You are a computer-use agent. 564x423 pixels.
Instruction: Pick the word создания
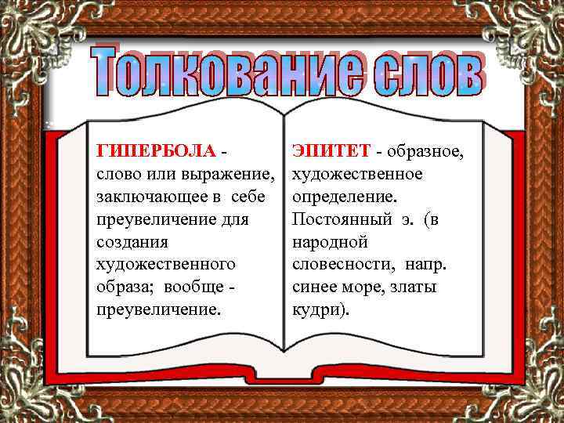click(x=126, y=241)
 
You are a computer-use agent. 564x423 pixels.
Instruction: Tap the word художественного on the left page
click(x=165, y=265)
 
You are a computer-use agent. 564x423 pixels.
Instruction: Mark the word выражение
click(x=230, y=173)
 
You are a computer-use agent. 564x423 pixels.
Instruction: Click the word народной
click(x=329, y=241)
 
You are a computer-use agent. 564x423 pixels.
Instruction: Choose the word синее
click(x=313, y=287)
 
